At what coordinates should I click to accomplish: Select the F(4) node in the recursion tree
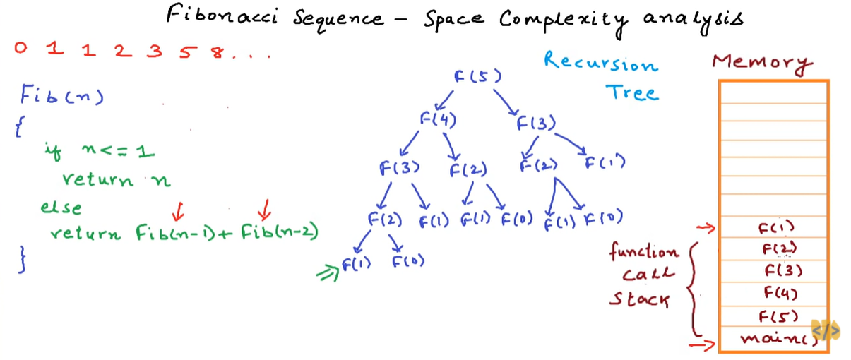tap(438, 120)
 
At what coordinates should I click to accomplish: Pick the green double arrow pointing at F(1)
tap(328, 272)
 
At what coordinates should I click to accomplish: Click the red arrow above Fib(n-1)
tap(179, 210)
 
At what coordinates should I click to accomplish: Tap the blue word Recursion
tap(600, 63)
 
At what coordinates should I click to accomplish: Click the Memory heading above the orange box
tap(761, 62)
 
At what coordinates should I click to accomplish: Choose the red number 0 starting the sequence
tap(20, 49)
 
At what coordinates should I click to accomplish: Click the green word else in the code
tap(61, 208)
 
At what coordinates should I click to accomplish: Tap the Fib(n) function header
tap(61, 95)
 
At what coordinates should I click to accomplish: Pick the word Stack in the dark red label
tap(639, 299)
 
